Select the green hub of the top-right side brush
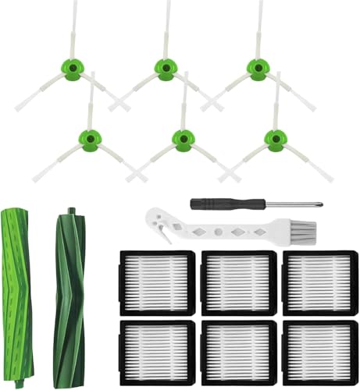(256, 68)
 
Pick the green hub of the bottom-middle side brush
(183, 139)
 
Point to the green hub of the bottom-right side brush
(275, 139)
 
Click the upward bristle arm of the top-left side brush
(73, 31)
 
